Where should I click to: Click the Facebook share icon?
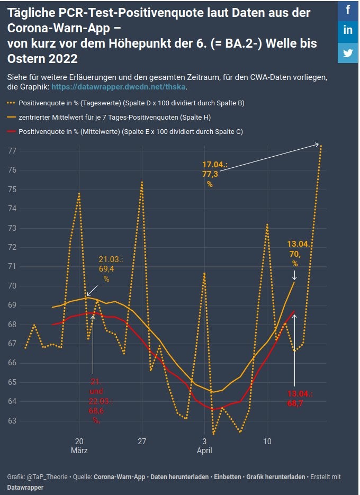click(348, 10)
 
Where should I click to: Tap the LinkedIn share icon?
click(348, 31)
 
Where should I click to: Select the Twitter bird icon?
click(348, 52)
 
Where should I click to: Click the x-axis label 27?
click(141, 441)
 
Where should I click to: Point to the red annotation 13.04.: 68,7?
click(300, 399)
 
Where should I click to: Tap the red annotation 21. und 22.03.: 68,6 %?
click(96, 401)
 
